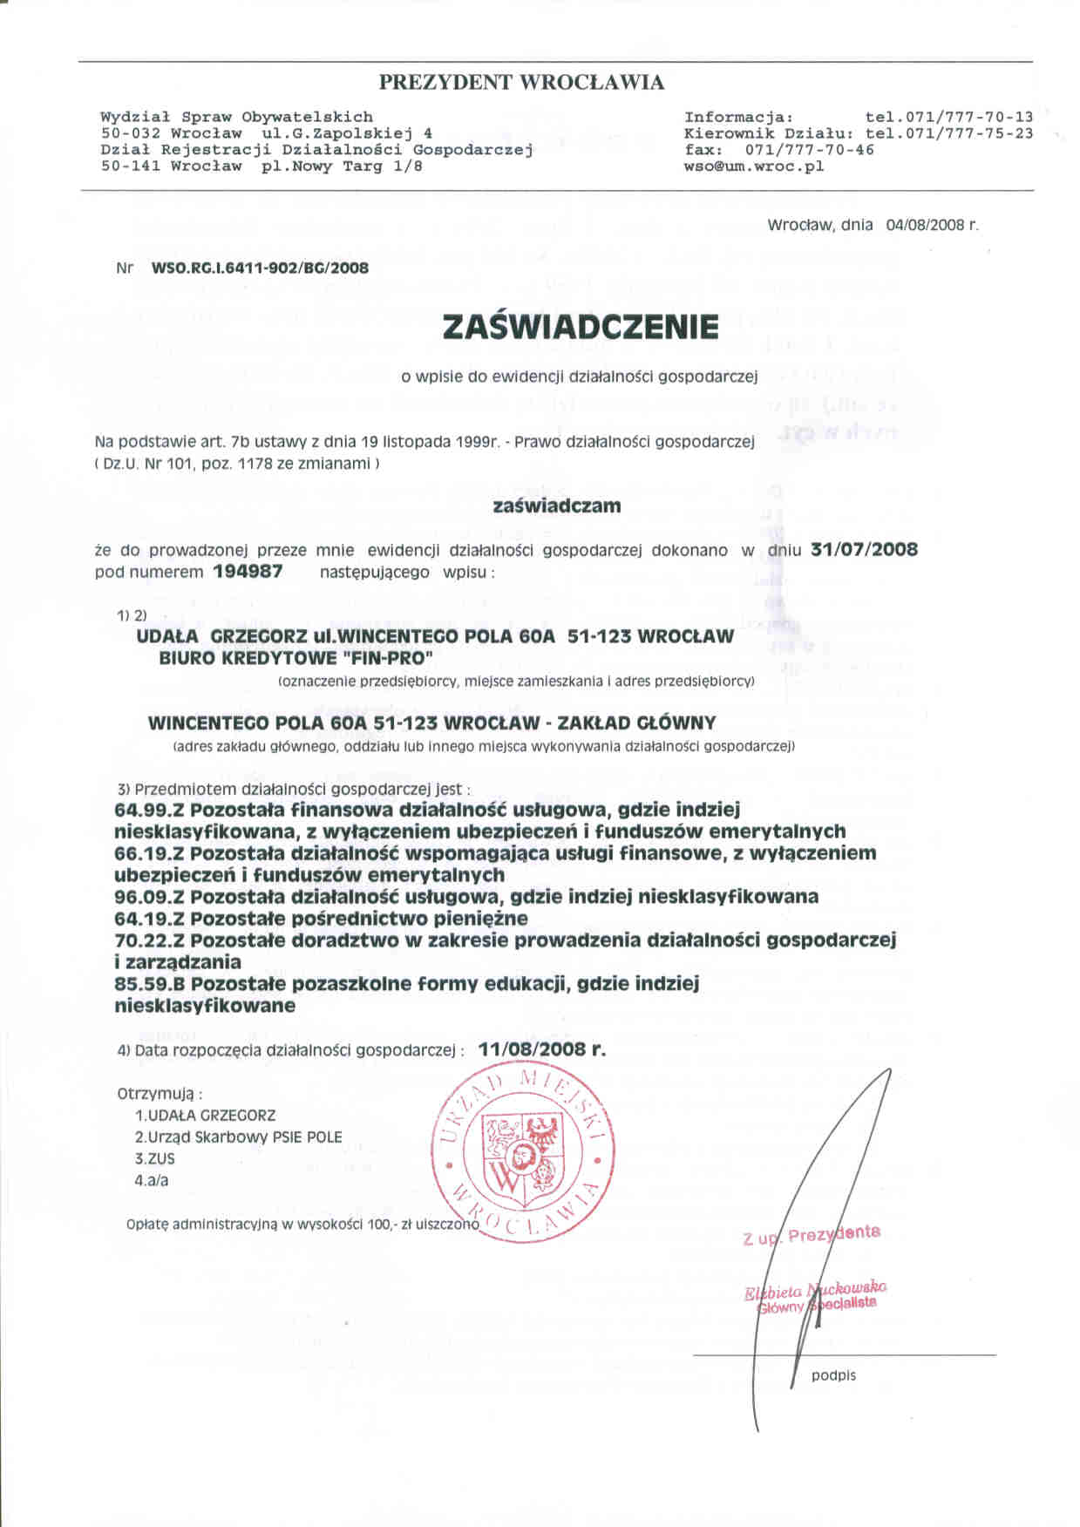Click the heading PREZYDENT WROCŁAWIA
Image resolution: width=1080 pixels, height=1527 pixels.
point(521,83)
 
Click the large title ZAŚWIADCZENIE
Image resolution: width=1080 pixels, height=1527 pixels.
point(581,327)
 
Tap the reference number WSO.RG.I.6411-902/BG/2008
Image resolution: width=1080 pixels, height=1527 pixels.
point(260,268)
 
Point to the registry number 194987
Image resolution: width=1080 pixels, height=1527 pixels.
point(248,573)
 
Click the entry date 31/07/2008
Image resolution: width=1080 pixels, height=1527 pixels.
point(864,550)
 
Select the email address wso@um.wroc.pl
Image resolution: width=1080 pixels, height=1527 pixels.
point(754,166)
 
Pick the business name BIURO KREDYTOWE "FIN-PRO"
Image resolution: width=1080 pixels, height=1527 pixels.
point(296,658)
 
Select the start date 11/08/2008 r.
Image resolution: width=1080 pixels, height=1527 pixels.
point(541,1049)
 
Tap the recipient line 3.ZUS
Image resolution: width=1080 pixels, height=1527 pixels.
point(155,1159)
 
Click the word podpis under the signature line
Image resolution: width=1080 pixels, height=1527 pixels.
point(833,1375)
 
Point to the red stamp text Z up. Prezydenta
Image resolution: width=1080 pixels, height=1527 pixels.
point(811,1234)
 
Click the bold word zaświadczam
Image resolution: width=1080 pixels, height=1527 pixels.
point(557,506)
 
